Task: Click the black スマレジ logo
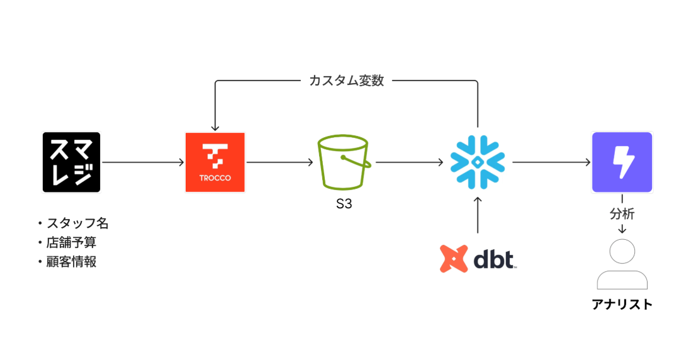coord(71,162)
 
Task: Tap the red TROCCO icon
coord(215,162)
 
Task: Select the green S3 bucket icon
coord(344,162)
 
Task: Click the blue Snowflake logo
coord(478,162)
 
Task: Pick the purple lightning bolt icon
coord(622,162)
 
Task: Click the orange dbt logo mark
coord(452,259)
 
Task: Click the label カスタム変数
coord(347,81)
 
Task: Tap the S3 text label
coord(344,205)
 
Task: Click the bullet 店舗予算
coord(70,242)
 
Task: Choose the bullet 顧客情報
coord(70,261)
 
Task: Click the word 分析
coord(622,214)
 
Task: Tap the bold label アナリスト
coord(622,305)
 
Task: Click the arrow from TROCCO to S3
coord(279,162)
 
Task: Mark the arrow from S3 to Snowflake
coord(409,162)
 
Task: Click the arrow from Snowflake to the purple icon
coord(551,162)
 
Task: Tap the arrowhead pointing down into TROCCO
coord(215,127)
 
